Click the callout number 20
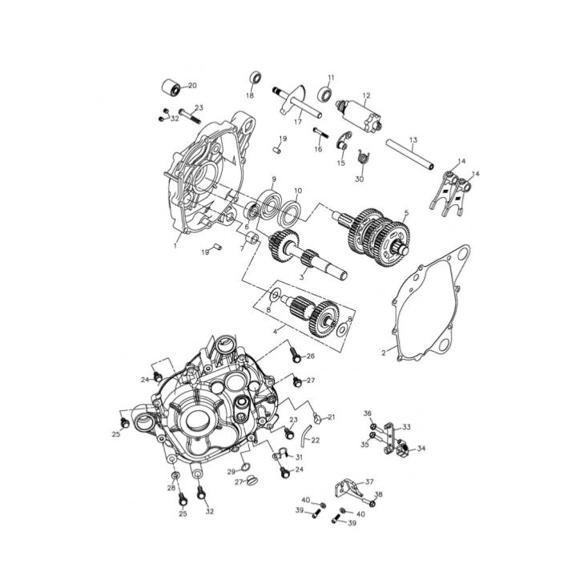[x=192, y=86]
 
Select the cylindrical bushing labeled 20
[x=171, y=87]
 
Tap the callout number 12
[x=366, y=95]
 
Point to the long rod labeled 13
[x=410, y=154]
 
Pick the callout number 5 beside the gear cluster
[x=406, y=213]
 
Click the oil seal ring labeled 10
[x=292, y=214]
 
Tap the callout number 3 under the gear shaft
[x=301, y=277]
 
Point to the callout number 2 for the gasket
[x=384, y=352]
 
